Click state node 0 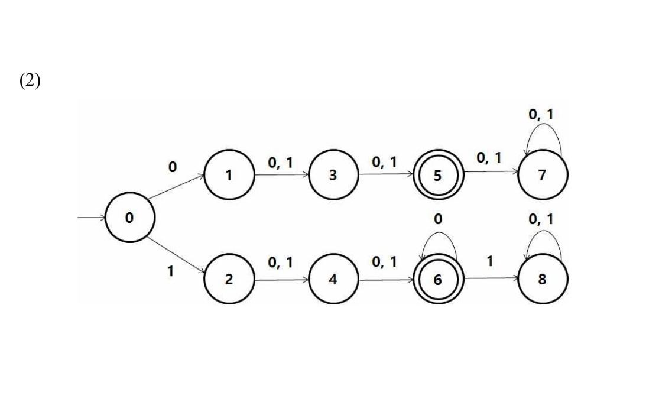129,218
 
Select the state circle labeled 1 229,175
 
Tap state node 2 229,280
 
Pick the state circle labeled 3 333,175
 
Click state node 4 333,280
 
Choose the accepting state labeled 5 438,175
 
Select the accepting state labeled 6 438,280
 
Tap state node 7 543,175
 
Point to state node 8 543,280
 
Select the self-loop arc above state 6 437,232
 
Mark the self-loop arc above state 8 541,232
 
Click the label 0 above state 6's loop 437,220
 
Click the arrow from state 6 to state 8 491,280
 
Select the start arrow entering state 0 92,218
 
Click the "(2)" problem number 30,81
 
